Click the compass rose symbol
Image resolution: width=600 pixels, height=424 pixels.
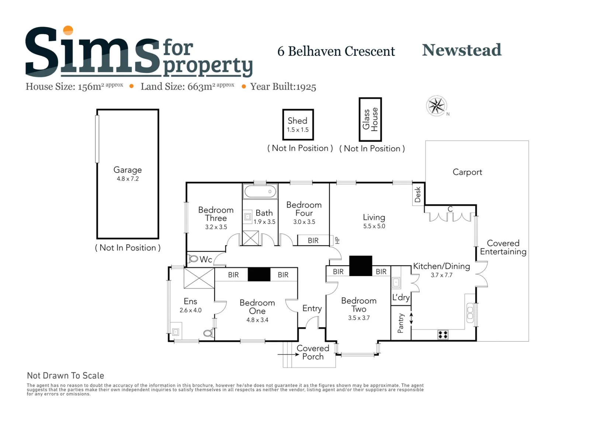pyautogui.click(x=437, y=106)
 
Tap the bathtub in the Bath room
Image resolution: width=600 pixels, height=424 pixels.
pyautogui.click(x=260, y=191)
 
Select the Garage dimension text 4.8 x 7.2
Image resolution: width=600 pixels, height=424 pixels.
pyautogui.click(x=128, y=179)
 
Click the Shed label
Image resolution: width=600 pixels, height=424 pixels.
pyautogui.click(x=298, y=121)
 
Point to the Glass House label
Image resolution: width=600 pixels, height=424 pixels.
pyautogui.click(x=370, y=119)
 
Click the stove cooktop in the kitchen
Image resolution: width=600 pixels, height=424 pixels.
pyautogui.click(x=443, y=334)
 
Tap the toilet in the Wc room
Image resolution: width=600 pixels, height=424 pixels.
pyautogui.click(x=193, y=259)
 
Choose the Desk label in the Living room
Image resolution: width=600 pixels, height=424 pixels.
pyautogui.click(x=418, y=195)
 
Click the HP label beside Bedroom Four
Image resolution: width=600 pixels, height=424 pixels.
pyautogui.click(x=337, y=240)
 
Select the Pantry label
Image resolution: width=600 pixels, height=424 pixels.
pyautogui.click(x=401, y=323)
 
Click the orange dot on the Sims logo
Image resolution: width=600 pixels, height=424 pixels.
pyautogui.click(x=68, y=30)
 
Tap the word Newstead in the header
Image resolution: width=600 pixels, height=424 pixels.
pyautogui.click(x=461, y=50)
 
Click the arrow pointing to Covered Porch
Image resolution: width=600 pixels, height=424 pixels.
pyautogui.click(x=288, y=354)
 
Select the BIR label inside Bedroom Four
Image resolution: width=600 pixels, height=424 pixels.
pyautogui.click(x=313, y=240)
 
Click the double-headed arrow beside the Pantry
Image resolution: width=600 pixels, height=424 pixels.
pyautogui.click(x=412, y=319)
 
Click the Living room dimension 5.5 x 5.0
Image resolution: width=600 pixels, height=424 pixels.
pyautogui.click(x=374, y=226)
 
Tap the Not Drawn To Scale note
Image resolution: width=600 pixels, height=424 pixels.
pyautogui.click(x=66, y=376)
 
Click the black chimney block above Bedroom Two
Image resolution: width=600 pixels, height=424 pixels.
pyautogui.click(x=361, y=266)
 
